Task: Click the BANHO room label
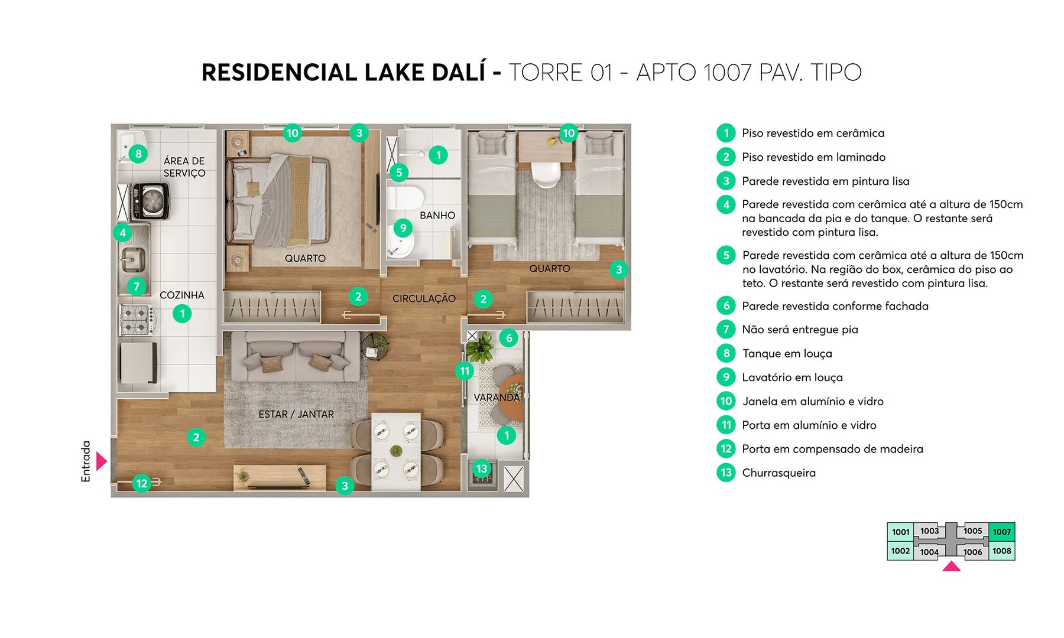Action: (x=437, y=216)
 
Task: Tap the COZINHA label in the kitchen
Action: (x=182, y=295)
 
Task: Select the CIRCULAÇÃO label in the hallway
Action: (x=424, y=298)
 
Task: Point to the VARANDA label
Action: (x=497, y=398)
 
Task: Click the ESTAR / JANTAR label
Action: (x=296, y=414)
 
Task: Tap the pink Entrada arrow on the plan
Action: (x=102, y=461)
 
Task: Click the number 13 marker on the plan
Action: (x=482, y=469)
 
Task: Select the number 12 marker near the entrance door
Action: (x=142, y=483)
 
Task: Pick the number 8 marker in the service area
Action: (x=138, y=154)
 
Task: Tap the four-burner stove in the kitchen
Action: (x=137, y=320)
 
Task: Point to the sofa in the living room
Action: (x=296, y=358)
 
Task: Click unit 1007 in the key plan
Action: (x=1001, y=532)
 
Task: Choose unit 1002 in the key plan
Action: (x=900, y=551)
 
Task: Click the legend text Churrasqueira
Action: (x=778, y=473)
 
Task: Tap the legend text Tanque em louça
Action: (x=787, y=353)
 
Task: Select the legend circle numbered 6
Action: (x=726, y=305)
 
